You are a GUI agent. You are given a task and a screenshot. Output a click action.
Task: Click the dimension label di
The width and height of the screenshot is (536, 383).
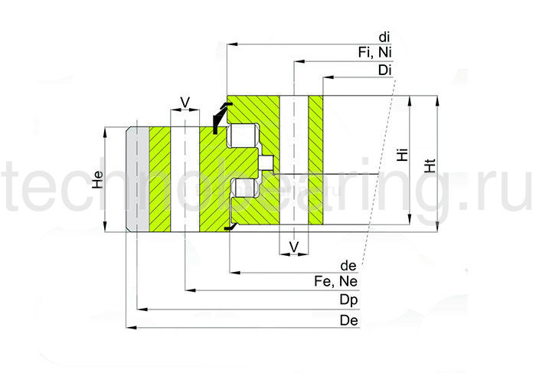pos(385,37)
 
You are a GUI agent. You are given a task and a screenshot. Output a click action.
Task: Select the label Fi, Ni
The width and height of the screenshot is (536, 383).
pos(375,51)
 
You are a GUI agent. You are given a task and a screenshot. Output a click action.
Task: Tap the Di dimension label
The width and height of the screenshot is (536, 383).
pos(385,70)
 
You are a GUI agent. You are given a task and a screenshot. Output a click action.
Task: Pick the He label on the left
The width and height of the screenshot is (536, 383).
pos(96,179)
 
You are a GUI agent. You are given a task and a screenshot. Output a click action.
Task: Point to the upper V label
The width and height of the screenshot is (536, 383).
pos(184,101)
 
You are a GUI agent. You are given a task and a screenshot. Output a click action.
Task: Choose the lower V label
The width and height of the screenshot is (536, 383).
pos(293,246)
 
